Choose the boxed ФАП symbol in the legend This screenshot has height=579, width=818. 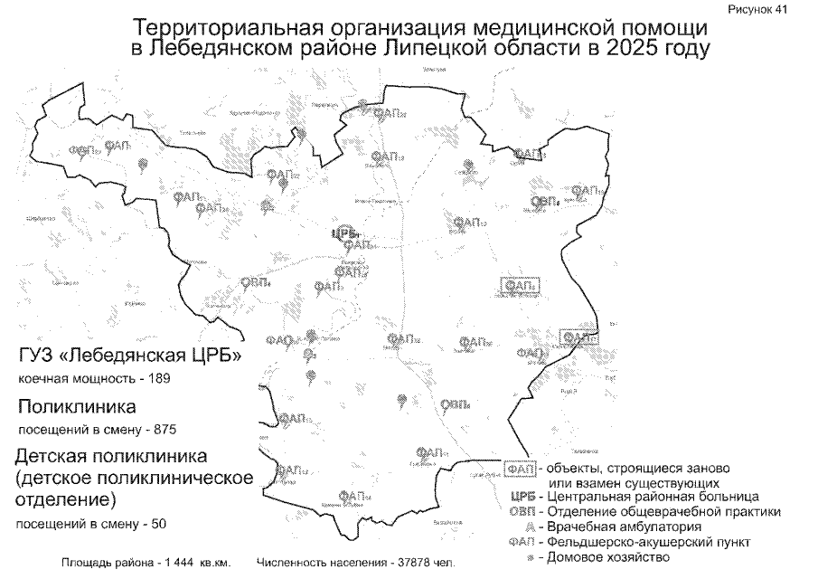(518, 469)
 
